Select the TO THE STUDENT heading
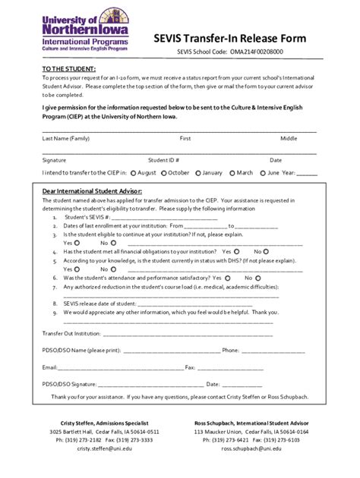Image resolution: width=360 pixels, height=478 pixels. pos(65,70)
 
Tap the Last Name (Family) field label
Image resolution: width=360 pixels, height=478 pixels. pos(66,139)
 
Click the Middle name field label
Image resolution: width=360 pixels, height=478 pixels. pos(289,139)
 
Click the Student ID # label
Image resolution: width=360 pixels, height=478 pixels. pos(163,160)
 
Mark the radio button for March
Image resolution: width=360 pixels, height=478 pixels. pos(232,173)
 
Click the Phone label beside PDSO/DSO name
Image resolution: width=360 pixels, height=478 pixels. pos(231,350)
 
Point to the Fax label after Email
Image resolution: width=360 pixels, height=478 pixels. pos(191,367)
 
